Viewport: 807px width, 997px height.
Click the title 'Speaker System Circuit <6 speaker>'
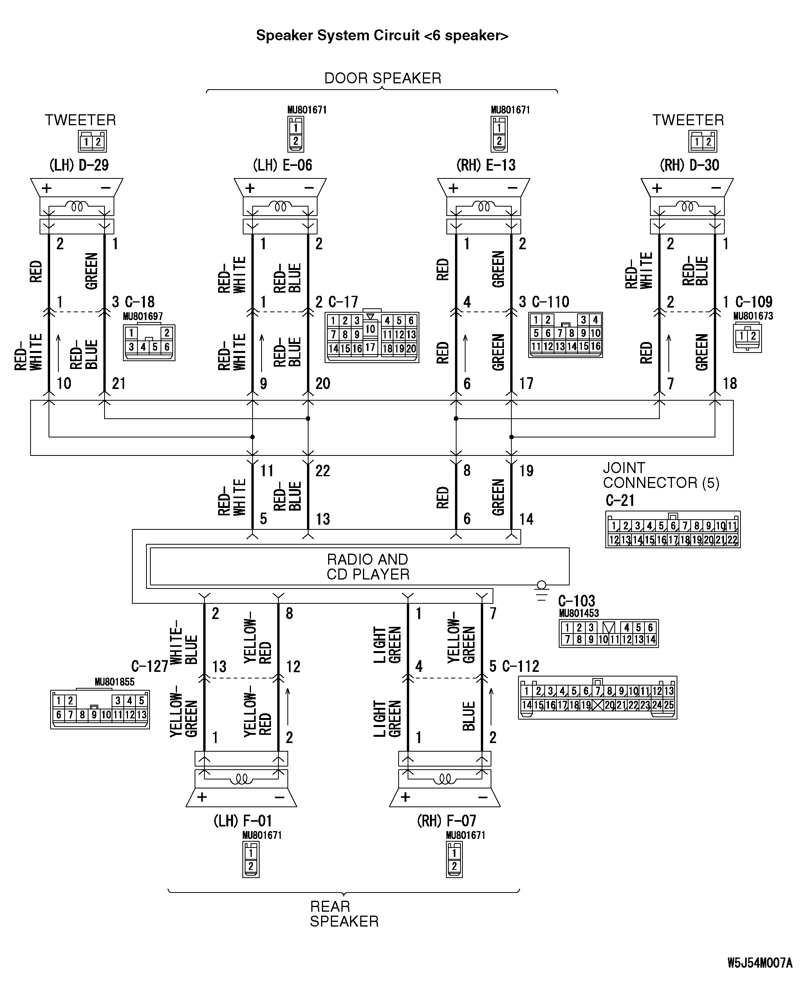[382, 36]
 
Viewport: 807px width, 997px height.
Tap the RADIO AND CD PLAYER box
[359, 566]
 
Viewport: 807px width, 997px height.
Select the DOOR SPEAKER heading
[383, 78]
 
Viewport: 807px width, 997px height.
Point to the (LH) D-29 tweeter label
[79, 165]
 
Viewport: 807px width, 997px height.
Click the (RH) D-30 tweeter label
[690, 165]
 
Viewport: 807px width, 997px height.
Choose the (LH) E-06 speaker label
[283, 165]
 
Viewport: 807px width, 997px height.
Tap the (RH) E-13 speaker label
[486, 165]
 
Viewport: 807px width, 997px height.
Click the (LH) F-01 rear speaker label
[243, 821]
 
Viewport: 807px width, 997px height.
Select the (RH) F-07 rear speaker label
[446, 821]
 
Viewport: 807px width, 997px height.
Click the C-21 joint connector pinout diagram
[673, 530]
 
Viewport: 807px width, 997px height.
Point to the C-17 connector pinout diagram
[372, 337]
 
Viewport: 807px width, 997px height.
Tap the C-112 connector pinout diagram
[598, 698]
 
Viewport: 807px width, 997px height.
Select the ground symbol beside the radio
[542, 591]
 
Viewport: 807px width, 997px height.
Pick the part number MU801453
[579, 613]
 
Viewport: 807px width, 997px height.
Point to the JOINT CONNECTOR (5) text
[661, 475]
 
